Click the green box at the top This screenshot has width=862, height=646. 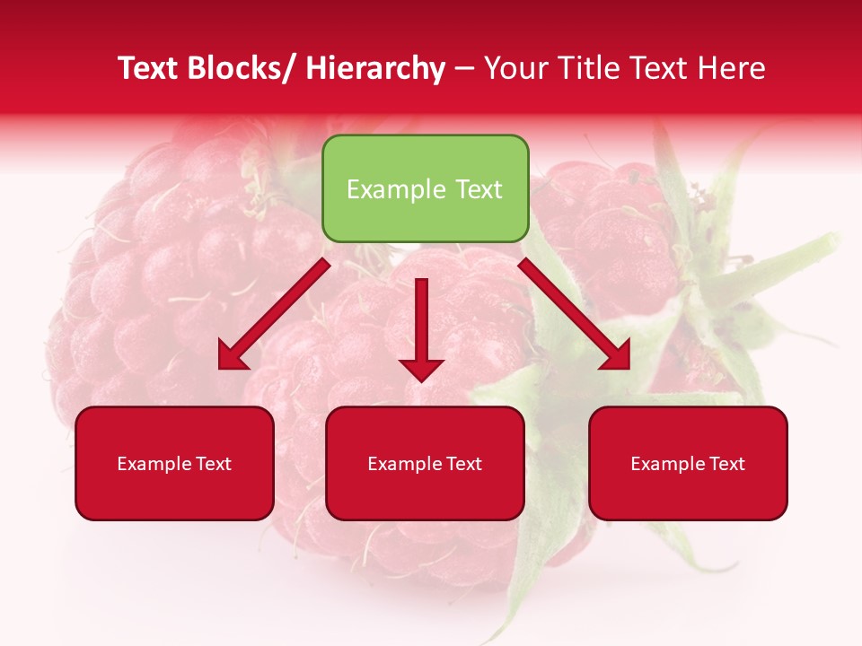[425, 188]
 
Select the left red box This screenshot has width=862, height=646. [174, 463]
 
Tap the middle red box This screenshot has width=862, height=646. [425, 463]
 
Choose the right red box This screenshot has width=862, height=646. [688, 463]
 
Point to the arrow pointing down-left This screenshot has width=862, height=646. [274, 314]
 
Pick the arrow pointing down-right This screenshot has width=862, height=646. [575, 314]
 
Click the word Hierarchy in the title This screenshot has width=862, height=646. [375, 68]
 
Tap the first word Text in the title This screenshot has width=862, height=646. [147, 68]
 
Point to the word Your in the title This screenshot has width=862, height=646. [513, 68]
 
